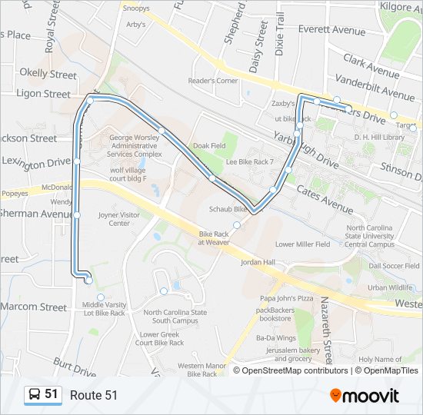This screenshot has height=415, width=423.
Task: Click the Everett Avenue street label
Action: (331, 31)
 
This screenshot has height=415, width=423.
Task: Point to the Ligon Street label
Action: (43, 94)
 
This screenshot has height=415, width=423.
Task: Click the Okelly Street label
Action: (48, 75)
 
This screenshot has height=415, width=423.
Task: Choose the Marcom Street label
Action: (33, 307)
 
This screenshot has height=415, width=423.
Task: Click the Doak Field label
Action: (209, 146)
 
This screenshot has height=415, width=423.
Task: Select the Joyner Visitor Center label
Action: (118, 219)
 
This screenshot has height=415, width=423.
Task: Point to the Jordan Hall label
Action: (258, 262)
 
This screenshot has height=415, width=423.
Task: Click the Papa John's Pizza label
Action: (287, 297)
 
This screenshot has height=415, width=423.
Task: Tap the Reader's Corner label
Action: (213, 81)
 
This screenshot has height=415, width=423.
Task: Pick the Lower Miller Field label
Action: (302, 244)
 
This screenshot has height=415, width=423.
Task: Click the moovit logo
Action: (365, 395)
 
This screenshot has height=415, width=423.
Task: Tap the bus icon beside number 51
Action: (35, 394)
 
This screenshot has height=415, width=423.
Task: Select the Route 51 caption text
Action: (94, 395)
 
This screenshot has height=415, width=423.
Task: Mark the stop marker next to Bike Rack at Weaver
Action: (237, 225)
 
